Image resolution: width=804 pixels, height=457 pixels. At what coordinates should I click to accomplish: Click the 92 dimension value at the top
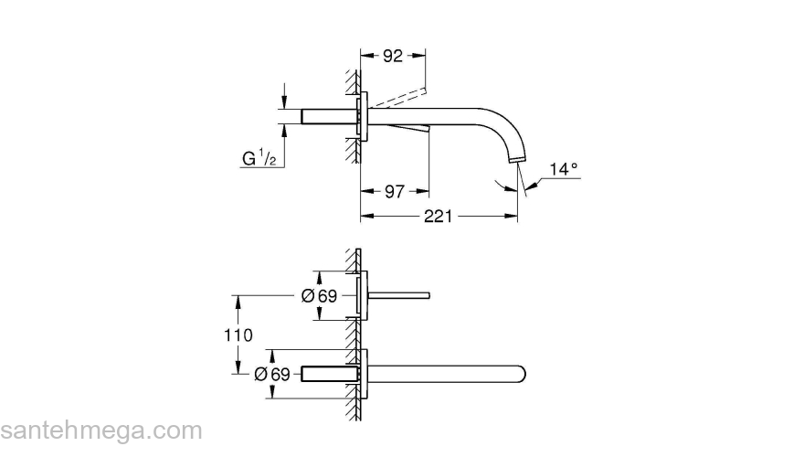(393, 56)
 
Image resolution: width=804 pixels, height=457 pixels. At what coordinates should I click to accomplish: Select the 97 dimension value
(395, 191)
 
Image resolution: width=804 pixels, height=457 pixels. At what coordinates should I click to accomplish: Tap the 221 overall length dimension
(439, 216)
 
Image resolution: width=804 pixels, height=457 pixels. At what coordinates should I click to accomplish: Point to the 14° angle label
(564, 169)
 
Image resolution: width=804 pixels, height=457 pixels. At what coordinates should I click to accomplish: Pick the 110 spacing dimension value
(238, 335)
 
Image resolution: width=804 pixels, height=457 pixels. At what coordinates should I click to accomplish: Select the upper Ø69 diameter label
(320, 295)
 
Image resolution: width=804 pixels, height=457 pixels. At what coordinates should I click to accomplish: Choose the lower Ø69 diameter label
(272, 374)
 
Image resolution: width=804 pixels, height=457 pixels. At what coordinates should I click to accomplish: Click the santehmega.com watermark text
(100, 430)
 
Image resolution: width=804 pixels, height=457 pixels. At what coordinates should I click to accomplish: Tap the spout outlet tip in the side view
(520, 161)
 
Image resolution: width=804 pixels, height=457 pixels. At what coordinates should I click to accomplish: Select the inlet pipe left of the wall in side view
(323, 116)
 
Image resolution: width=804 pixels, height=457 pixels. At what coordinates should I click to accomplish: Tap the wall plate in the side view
(365, 116)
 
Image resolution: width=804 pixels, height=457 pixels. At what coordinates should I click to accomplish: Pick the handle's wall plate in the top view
(365, 295)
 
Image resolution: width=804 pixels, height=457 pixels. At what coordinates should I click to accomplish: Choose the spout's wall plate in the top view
(365, 374)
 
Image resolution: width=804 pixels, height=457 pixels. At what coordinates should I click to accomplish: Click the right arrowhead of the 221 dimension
(513, 216)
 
